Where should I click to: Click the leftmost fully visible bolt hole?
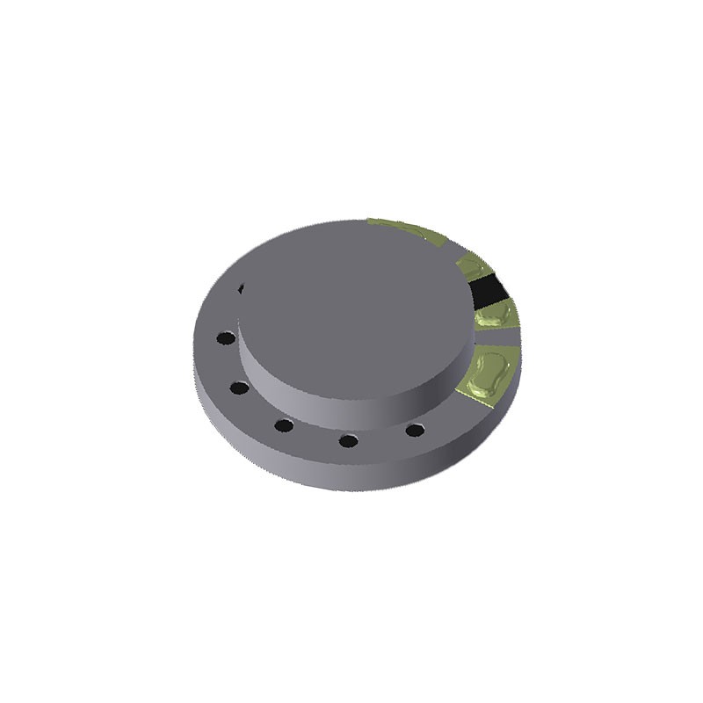click(226, 337)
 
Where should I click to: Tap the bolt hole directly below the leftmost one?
click(237, 387)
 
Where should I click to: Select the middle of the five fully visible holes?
click(283, 426)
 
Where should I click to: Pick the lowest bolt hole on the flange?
click(349, 440)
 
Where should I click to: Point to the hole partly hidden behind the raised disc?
click(241, 287)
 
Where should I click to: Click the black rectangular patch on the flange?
click(487, 289)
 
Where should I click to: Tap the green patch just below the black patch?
click(495, 316)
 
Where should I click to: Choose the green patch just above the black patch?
click(472, 265)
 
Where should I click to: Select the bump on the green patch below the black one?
click(492, 315)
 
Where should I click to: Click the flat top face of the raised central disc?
click(351, 299)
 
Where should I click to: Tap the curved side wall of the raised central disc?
click(351, 395)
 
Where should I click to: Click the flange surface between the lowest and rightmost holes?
click(382, 439)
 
